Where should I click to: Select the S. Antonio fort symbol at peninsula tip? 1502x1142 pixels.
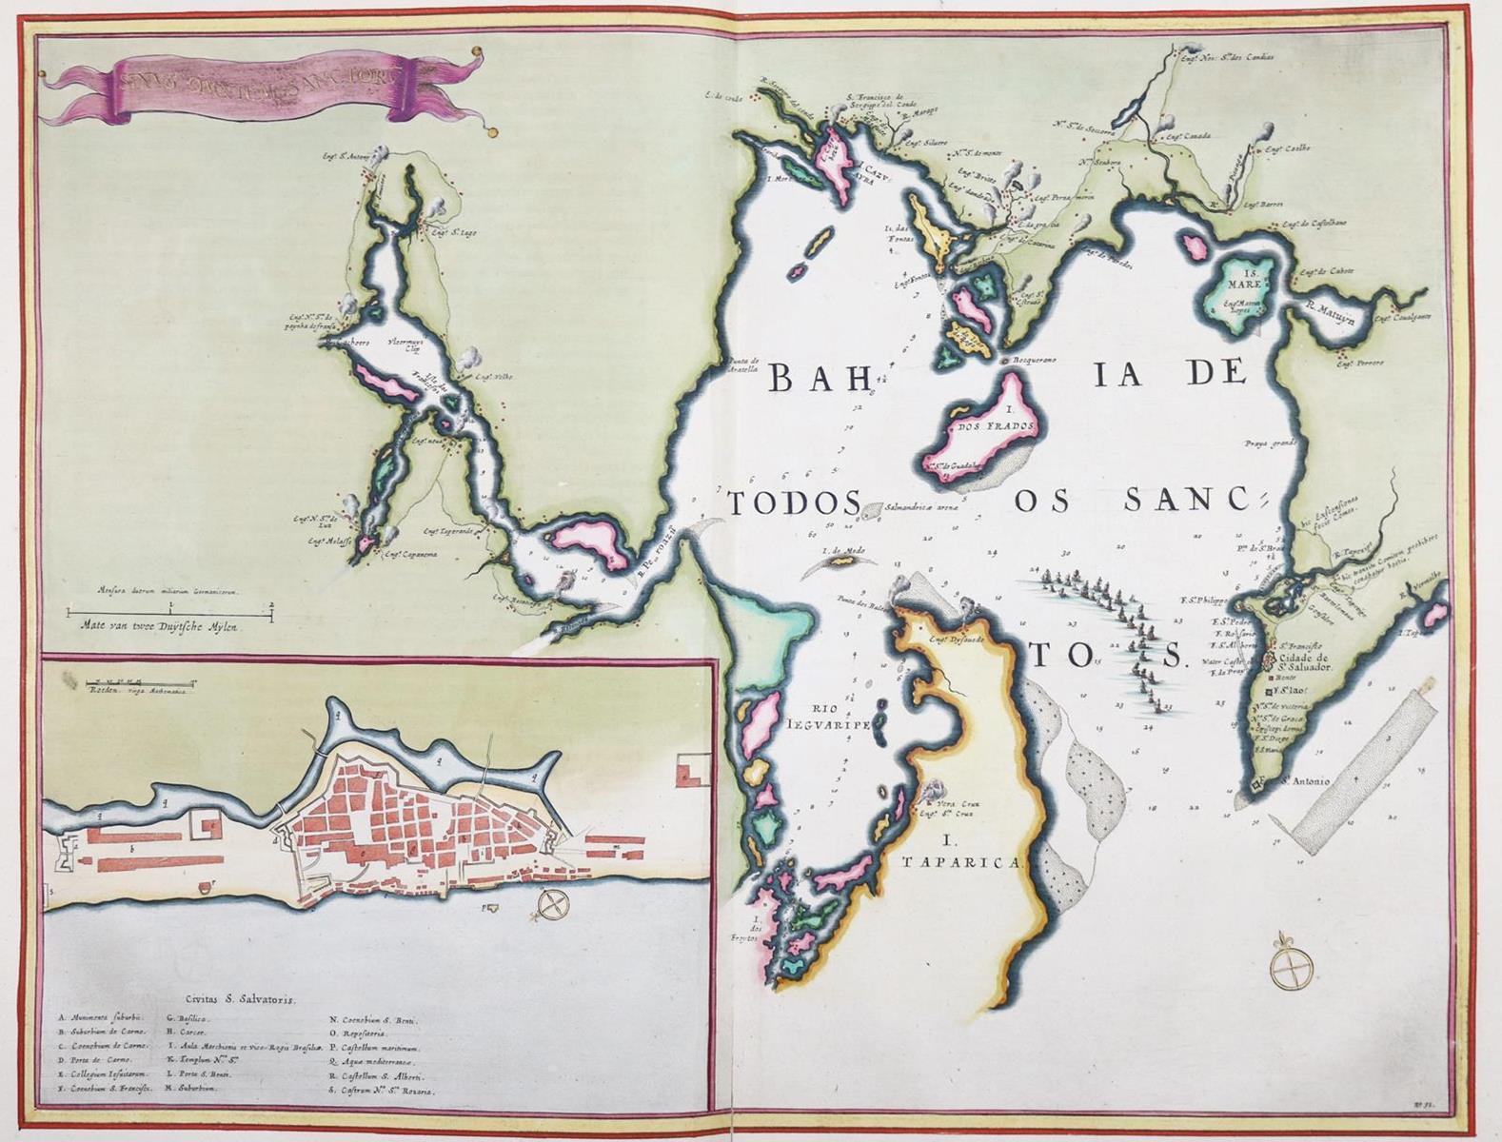[x=1258, y=784]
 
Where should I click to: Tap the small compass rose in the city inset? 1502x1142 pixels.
[x=551, y=905]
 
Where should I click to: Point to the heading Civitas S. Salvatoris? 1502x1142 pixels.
[x=242, y=1000]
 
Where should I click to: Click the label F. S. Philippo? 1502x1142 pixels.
[x=1230, y=601]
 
